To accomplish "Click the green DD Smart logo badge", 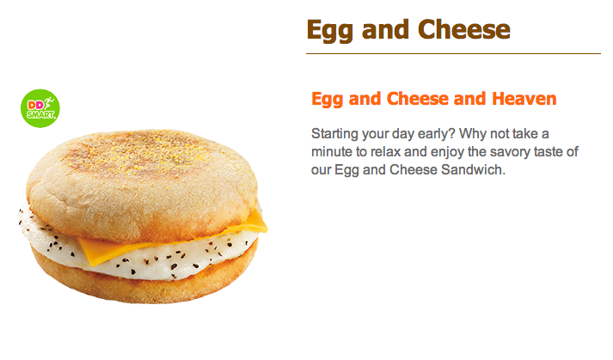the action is click(x=40, y=108).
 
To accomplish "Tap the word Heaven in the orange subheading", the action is click(x=524, y=99).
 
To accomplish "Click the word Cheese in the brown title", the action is click(x=464, y=29).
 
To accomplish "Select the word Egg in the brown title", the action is click(x=330, y=30).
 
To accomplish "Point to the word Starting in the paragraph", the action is click(x=334, y=134).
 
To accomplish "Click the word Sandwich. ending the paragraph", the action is click(x=473, y=169).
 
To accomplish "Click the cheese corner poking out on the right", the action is click(x=257, y=223).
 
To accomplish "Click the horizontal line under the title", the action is click(x=453, y=53).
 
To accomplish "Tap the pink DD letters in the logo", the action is click(x=35, y=105).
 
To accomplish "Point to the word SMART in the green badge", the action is click(x=40, y=114).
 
